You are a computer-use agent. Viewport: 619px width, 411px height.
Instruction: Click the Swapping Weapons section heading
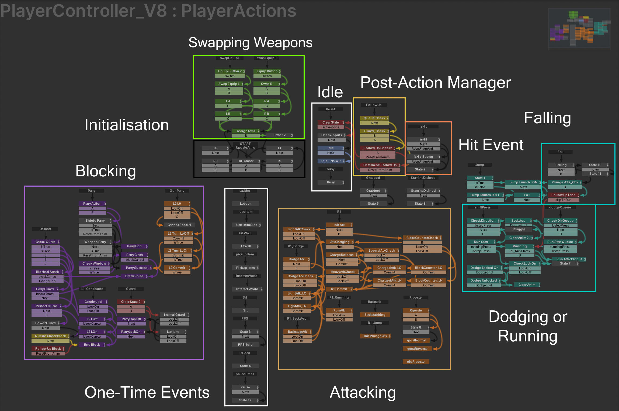coord(250,43)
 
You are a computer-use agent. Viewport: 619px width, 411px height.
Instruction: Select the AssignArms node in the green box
coord(246,131)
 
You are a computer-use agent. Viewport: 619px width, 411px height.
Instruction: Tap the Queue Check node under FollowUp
coord(374,118)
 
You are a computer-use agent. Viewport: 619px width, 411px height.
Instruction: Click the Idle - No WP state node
coord(331,161)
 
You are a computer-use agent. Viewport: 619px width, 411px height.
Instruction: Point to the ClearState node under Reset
coord(331,122)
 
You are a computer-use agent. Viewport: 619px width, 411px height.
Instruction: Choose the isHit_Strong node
coord(423,157)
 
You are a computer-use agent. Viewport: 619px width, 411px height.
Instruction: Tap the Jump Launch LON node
coord(523,182)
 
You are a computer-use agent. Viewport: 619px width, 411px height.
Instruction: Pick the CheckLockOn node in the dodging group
coord(524,263)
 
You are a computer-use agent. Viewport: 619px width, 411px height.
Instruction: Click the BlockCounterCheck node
coord(422,238)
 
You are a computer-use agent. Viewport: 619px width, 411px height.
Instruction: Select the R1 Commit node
coord(339,289)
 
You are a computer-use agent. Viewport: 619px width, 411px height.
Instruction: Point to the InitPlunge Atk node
coord(375,336)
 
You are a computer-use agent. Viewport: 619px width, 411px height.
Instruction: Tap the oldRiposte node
coord(416,362)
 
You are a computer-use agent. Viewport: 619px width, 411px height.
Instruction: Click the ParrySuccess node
coord(136,268)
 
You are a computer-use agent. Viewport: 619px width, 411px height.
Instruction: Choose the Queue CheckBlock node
coord(50,336)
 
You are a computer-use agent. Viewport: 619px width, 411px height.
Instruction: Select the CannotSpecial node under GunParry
coord(179,225)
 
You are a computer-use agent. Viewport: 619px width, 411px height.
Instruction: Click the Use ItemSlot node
coord(246,225)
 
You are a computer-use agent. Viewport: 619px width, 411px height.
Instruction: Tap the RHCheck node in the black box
coord(246,161)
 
